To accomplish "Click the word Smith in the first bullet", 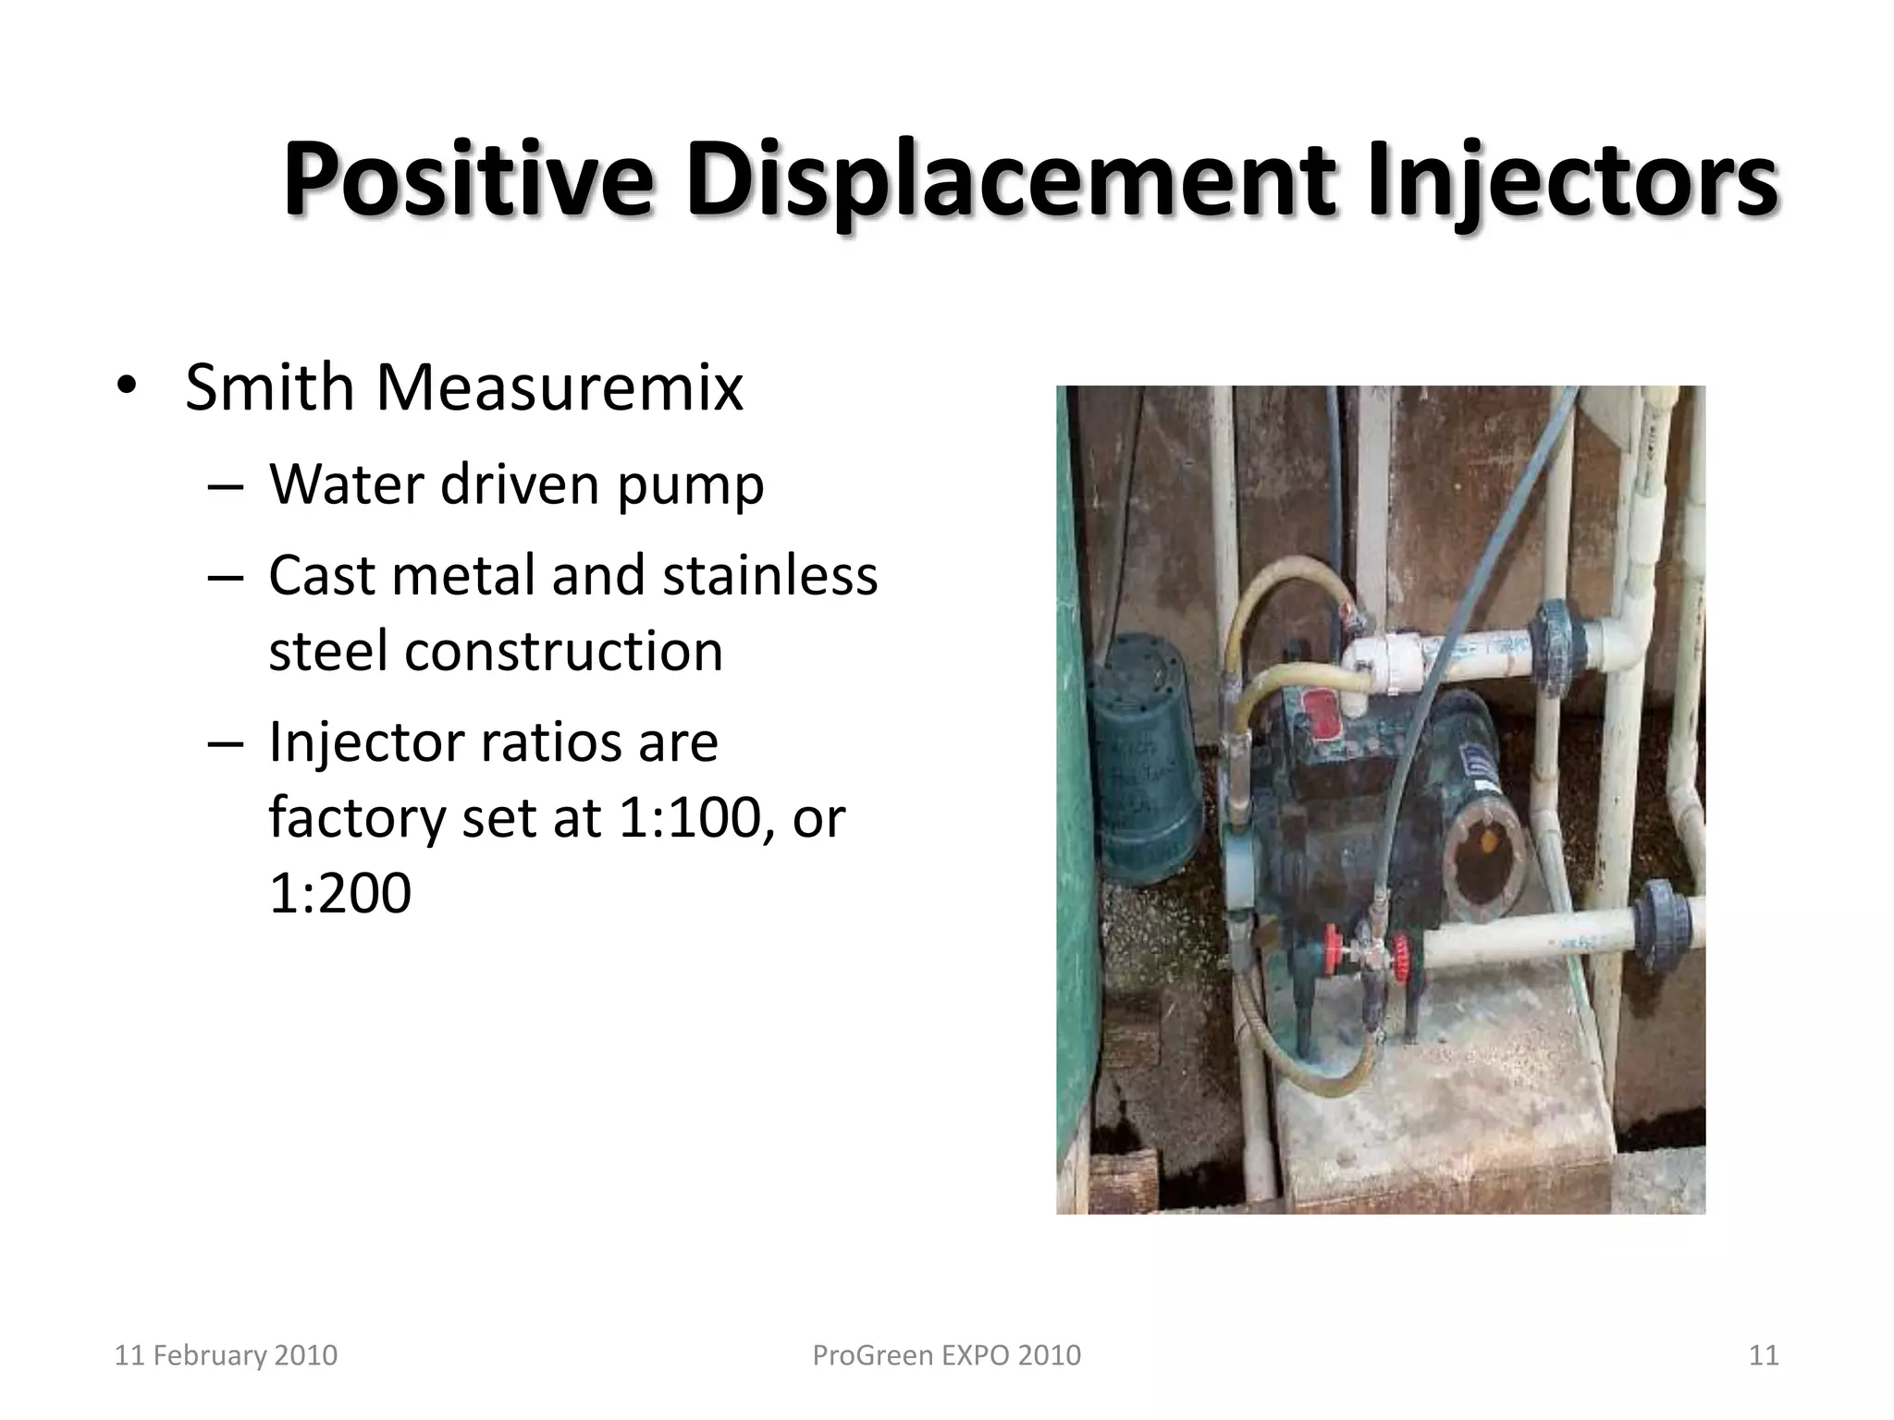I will (269, 387).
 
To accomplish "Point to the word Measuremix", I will (559, 387).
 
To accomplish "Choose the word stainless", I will (769, 575).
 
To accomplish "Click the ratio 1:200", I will (339, 893).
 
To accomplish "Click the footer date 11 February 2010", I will (226, 1355).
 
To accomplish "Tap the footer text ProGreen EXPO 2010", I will (946, 1355).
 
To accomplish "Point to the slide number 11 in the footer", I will (1764, 1355).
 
